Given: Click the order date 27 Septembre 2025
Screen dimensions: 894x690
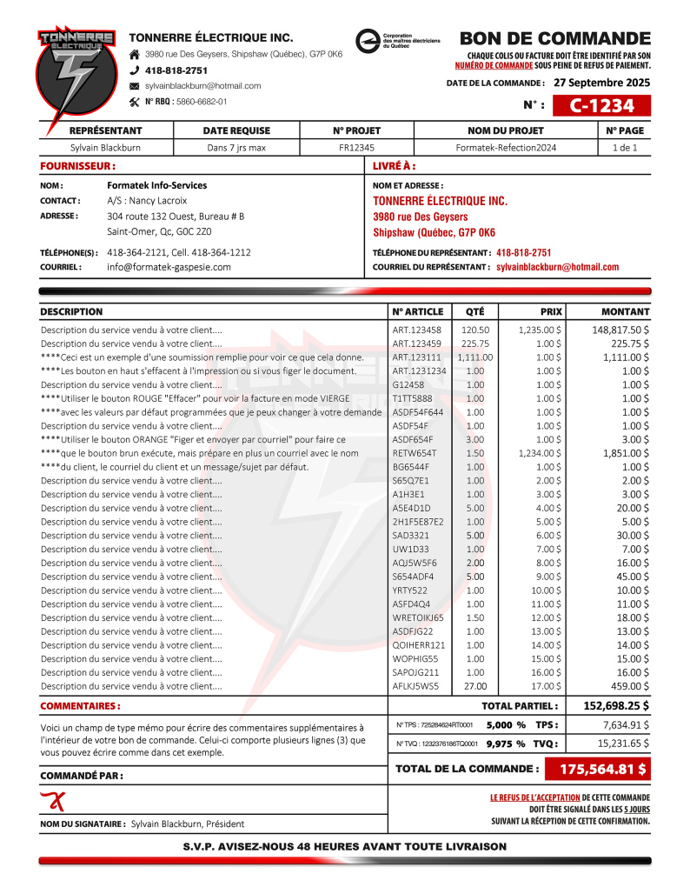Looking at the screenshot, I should tap(601, 83).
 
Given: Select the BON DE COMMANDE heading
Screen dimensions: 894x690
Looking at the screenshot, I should tap(554, 39).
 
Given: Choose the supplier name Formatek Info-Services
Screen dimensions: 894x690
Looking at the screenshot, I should tap(156, 185).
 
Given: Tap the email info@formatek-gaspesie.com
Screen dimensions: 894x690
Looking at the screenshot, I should tap(169, 267).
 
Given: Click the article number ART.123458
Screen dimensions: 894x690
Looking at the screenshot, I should tap(416, 330).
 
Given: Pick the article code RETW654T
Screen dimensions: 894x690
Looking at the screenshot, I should tap(415, 453).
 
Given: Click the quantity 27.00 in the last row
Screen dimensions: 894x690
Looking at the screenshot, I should tap(475, 686).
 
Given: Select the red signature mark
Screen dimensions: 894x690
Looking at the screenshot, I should tap(53, 801).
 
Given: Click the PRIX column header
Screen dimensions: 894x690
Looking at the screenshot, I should tap(551, 311).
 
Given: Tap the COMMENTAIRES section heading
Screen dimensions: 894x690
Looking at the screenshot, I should tap(80, 706).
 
